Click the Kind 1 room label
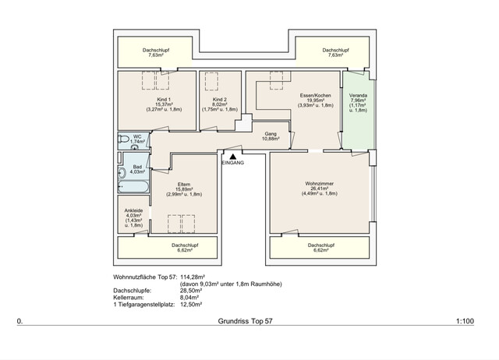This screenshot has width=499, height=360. coord(164,100)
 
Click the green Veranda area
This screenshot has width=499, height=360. coord(358,125)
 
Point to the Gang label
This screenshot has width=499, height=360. coord(271,133)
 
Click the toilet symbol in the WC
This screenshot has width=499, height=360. coord(124,139)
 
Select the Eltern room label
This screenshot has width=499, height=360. coord(185,185)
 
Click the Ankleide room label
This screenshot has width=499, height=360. coord(133,210)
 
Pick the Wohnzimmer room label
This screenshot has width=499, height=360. coord(320,184)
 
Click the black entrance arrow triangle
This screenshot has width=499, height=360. coord(232,156)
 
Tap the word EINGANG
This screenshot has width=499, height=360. coord(233,163)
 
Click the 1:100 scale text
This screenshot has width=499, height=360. coord(466,321)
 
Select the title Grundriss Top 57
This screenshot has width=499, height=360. coord(246,321)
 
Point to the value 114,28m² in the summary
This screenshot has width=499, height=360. coord(197,276)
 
